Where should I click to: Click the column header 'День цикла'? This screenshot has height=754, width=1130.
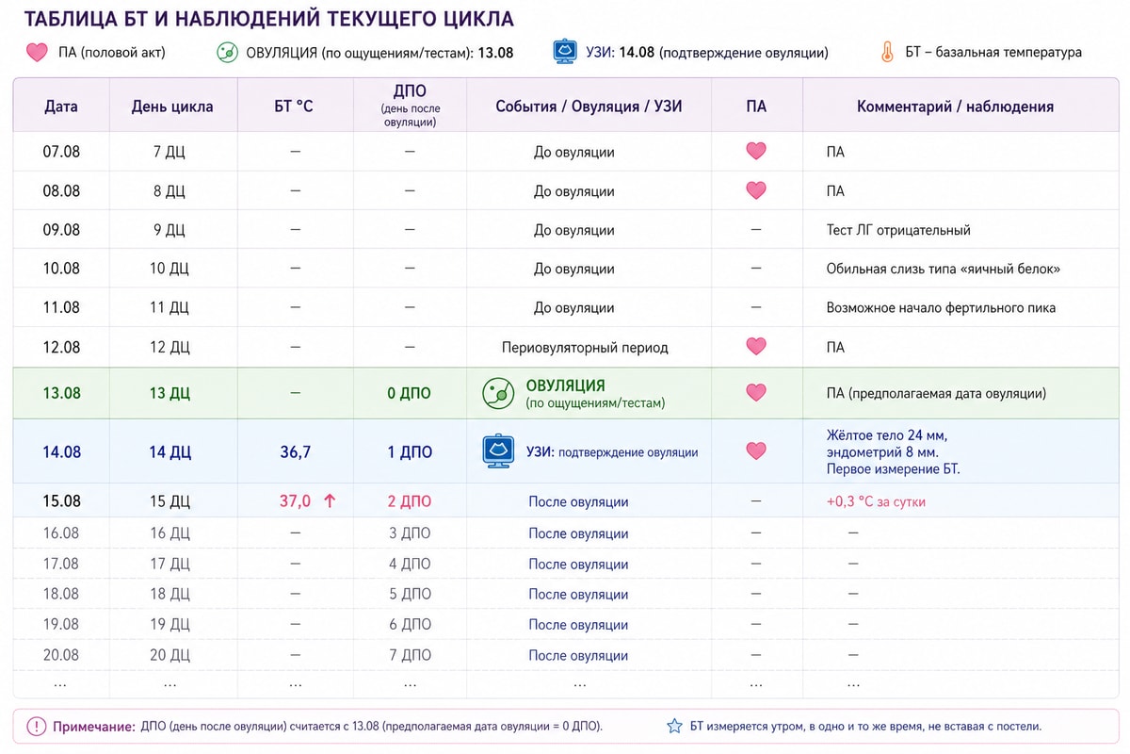click(x=172, y=107)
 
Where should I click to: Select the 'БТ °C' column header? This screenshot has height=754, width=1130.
click(x=294, y=107)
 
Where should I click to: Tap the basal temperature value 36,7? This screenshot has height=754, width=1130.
click(x=295, y=451)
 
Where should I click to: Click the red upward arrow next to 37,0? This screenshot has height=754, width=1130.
click(x=330, y=501)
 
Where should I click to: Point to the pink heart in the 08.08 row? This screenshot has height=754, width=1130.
click(x=755, y=190)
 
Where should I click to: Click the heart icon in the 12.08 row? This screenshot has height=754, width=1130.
click(x=755, y=347)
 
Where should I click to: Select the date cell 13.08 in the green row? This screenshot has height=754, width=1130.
click(x=61, y=393)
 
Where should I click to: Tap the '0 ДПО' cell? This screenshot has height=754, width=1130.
click(x=409, y=393)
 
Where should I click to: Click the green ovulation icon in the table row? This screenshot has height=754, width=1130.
click(x=498, y=393)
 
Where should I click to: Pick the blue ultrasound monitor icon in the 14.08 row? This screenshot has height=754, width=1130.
click(x=498, y=451)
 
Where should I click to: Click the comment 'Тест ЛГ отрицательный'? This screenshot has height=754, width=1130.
click(x=898, y=230)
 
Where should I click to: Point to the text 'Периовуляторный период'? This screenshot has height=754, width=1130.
click(x=585, y=347)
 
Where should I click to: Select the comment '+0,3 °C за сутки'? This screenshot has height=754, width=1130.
click(x=876, y=501)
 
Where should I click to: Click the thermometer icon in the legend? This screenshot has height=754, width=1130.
click(x=887, y=52)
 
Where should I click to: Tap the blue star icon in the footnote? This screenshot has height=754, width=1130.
click(x=674, y=727)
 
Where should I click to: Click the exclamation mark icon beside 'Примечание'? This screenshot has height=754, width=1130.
click(x=36, y=727)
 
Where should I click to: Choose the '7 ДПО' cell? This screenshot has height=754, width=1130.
click(x=410, y=655)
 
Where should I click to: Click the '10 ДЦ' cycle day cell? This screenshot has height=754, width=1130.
click(x=169, y=269)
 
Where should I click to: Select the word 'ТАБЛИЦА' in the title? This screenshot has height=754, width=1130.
click(x=72, y=19)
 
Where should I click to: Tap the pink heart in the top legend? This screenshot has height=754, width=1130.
click(x=37, y=52)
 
